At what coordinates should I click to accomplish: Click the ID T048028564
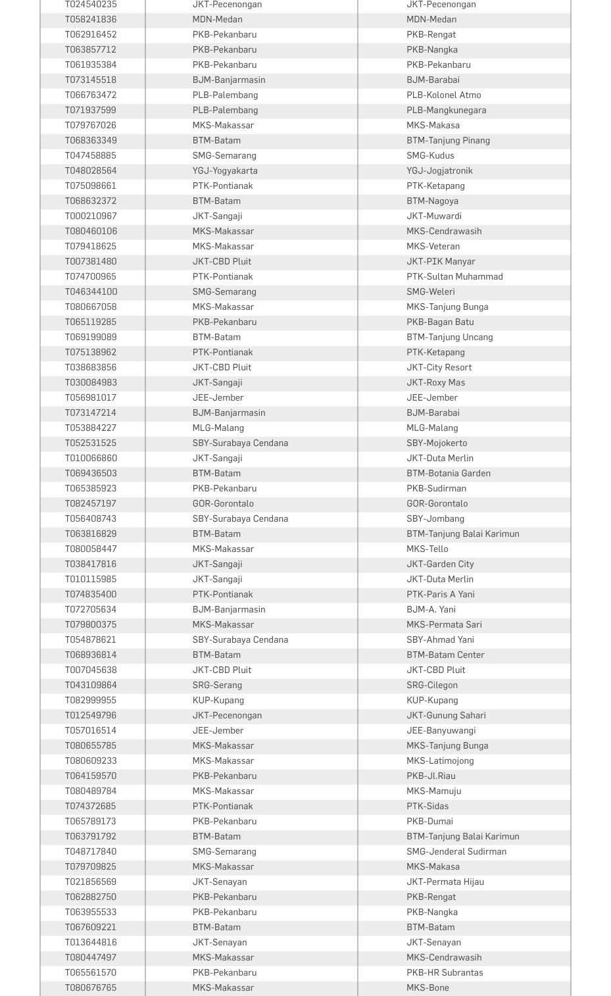click(x=91, y=170)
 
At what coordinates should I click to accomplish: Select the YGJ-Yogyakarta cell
click(x=225, y=170)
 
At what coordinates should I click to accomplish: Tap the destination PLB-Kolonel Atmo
click(x=444, y=95)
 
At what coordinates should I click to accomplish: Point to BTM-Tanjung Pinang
click(x=448, y=140)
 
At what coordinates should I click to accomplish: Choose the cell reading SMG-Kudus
click(x=430, y=155)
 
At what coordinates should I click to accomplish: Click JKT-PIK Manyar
click(x=441, y=261)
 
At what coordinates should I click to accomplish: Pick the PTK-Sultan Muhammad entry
click(x=454, y=276)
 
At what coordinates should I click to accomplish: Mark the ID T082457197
click(x=91, y=503)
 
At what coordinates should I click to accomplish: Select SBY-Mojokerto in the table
click(x=437, y=443)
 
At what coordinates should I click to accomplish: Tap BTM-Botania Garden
click(x=449, y=473)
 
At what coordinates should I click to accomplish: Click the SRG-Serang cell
click(x=217, y=685)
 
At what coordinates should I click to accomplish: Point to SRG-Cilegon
click(x=432, y=685)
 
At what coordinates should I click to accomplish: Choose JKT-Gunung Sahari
click(x=446, y=715)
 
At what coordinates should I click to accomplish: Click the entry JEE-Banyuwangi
click(x=441, y=730)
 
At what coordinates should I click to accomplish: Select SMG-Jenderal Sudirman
click(x=456, y=851)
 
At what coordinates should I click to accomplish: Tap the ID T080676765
click(x=91, y=987)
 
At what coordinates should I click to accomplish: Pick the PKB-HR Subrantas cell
click(x=445, y=972)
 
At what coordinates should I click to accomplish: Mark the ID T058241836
click(x=91, y=19)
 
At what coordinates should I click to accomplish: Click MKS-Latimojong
click(x=440, y=760)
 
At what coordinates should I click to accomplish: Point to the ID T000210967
click(x=91, y=216)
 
